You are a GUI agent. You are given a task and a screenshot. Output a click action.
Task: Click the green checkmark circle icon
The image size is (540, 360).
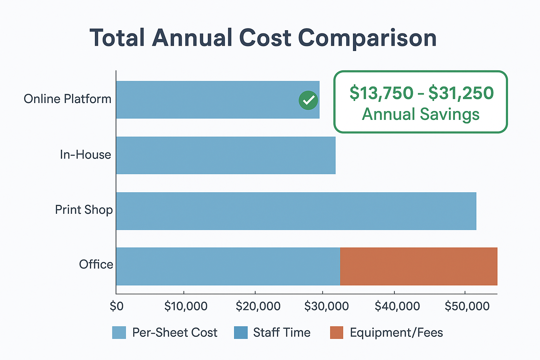308,100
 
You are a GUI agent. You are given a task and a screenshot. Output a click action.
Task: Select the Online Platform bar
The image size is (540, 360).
218,100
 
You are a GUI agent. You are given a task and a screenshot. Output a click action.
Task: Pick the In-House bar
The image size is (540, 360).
226,155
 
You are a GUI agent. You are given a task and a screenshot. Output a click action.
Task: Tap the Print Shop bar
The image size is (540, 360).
296,211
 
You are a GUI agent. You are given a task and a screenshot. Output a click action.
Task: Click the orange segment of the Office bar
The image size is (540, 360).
419,266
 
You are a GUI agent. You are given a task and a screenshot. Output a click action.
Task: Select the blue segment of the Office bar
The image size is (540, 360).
228,266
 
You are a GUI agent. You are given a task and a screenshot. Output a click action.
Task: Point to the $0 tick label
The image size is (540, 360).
117,306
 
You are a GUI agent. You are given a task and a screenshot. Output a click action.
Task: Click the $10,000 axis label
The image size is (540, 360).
186,306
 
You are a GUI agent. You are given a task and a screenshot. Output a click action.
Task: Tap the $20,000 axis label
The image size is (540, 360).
258,306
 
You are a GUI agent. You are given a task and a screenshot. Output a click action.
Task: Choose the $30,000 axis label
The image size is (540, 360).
327,306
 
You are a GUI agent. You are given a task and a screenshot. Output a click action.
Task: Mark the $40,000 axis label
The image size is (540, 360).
397,306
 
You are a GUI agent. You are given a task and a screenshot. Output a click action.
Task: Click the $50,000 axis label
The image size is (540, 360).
467,306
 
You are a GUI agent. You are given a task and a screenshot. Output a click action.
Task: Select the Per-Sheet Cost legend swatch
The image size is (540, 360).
119,333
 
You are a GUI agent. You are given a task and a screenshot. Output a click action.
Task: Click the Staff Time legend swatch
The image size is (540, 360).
241,333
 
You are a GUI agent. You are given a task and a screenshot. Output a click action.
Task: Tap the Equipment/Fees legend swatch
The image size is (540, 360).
336,333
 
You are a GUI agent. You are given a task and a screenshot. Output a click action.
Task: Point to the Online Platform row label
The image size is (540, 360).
67,99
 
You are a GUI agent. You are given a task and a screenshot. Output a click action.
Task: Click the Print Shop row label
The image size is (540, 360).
84,210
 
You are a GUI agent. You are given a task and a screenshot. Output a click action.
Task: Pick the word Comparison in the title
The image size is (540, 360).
367,39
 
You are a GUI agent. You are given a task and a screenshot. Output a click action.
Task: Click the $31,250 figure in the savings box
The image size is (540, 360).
461,93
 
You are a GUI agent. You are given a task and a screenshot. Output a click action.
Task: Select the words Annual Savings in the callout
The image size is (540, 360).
421,114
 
